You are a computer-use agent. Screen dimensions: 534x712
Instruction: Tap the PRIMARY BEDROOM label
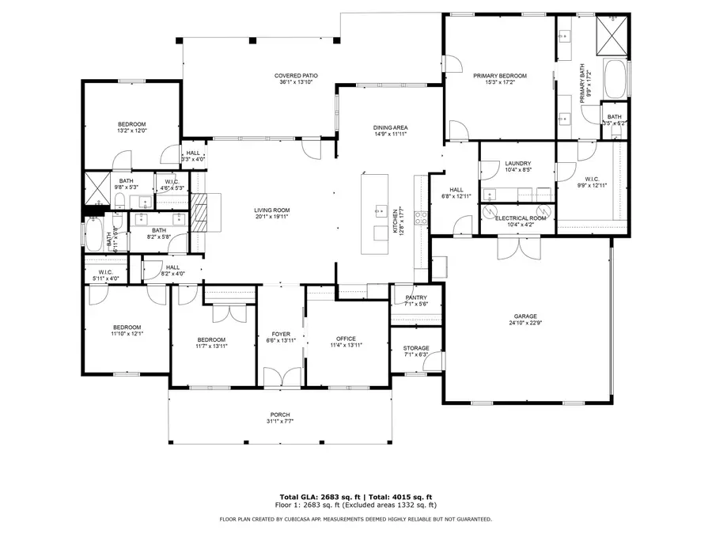click(x=499, y=76)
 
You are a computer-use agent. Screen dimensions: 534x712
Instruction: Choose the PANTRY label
click(x=415, y=297)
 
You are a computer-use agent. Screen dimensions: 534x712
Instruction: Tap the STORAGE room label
click(x=415, y=348)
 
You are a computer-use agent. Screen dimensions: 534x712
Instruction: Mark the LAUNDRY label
click(x=517, y=164)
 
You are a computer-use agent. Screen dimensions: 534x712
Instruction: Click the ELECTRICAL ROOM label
click(x=520, y=218)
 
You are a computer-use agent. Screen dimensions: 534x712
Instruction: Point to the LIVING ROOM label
click(x=270, y=210)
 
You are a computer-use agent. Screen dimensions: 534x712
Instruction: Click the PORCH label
click(x=279, y=415)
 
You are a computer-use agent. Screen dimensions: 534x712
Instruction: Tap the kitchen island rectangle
click(x=376, y=212)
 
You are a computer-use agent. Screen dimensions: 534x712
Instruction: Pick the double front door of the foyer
click(x=280, y=377)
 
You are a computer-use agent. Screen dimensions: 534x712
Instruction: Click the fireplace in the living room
click(x=199, y=213)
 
